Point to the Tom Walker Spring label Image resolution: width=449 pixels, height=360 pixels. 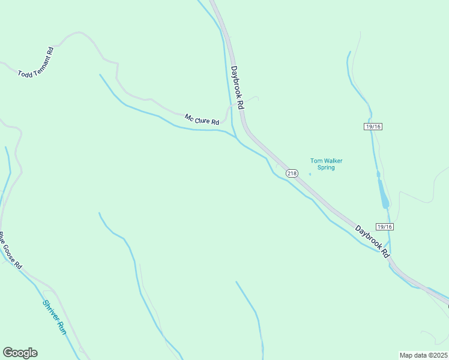click(x=326, y=164)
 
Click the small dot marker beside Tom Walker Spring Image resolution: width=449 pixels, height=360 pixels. click(x=310, y=174)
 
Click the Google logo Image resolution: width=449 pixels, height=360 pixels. click(x=20, y=353)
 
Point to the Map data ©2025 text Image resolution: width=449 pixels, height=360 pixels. click(x=424, y=355)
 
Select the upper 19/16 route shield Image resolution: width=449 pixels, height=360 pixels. click(x=373, y=126)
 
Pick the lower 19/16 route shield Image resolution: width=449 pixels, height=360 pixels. click(x=384, y=226)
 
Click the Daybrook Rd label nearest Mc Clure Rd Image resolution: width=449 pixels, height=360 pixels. click(x=237, y=87)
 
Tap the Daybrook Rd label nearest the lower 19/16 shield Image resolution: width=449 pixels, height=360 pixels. click(x=372, y=242)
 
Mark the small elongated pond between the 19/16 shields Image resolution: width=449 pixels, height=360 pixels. click(x=382, y=191)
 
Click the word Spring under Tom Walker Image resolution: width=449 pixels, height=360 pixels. click(x=326, y=167)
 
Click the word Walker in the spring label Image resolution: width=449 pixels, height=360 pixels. click(x=333, y=160)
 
